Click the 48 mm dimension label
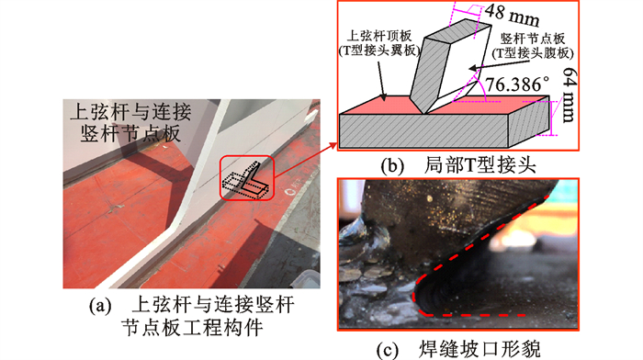tap(512, 14)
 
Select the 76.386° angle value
tap(517, 84)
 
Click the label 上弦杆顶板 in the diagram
tap(378, 36)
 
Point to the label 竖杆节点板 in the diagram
tap(532, 39)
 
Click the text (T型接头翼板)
tap(378, 51)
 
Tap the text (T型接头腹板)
tap(532, 53)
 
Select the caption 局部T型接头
tap(479, 164)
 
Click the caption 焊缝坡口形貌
tap(479, 349)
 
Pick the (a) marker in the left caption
tap(100, 306)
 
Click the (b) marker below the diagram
tap(392, 165)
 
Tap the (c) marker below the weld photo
tap(387, 349)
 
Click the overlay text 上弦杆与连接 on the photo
tap(130, 111)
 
